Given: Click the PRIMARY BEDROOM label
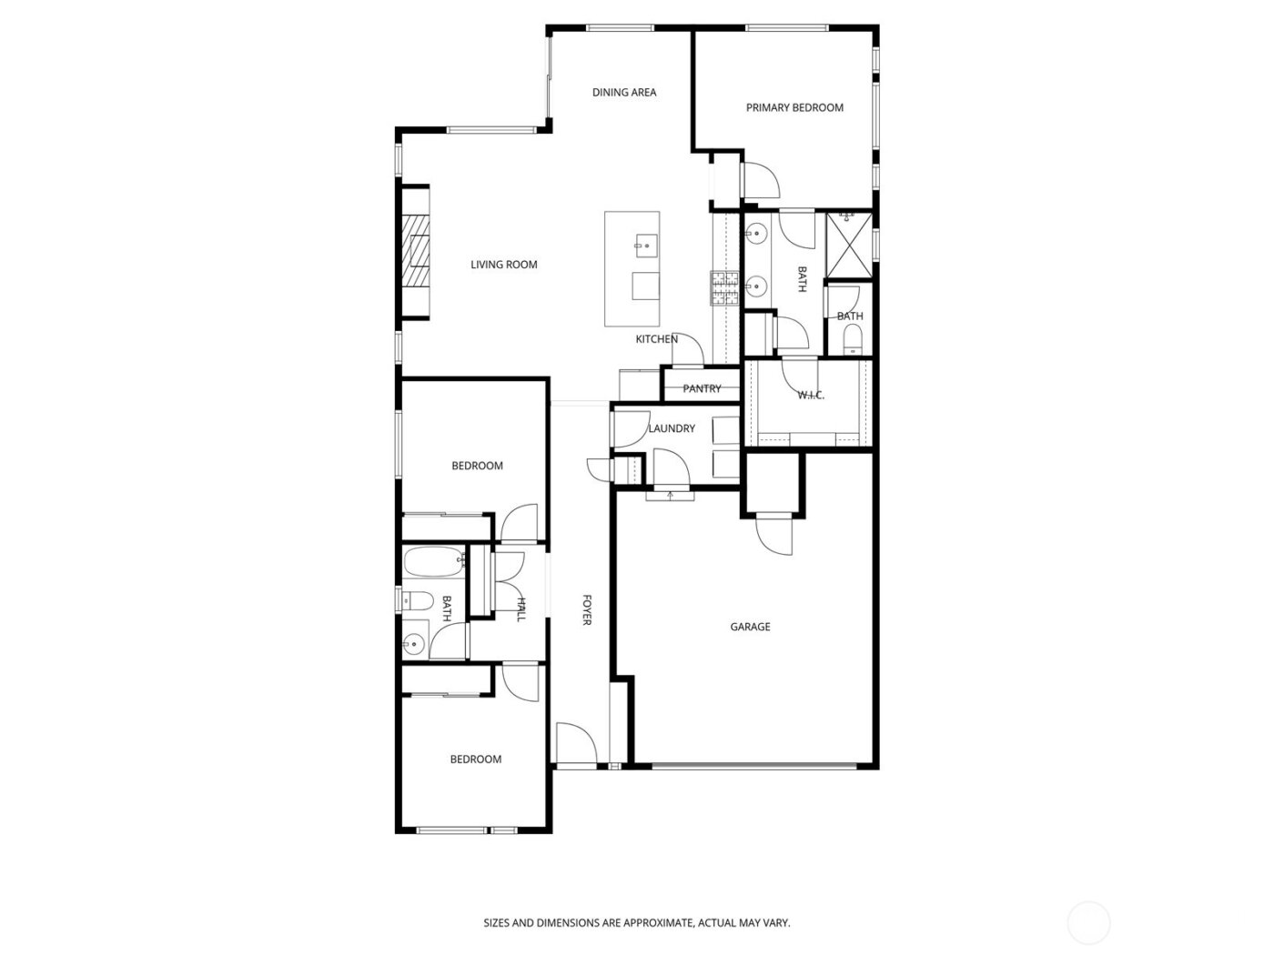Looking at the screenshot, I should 794,107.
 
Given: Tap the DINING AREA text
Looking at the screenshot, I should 624,92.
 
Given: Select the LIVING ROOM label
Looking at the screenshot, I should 503,265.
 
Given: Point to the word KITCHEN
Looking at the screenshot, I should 656,339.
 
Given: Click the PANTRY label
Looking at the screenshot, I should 702,388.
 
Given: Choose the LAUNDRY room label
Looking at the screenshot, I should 672,428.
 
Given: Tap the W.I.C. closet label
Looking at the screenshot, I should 810,395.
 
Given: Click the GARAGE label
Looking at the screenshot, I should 750,627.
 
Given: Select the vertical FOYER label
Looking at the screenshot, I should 587,609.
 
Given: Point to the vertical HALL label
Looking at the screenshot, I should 521,609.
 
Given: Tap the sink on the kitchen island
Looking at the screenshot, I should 645,243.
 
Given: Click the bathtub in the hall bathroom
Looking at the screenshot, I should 434,564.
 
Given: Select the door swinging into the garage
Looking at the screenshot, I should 774,535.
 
